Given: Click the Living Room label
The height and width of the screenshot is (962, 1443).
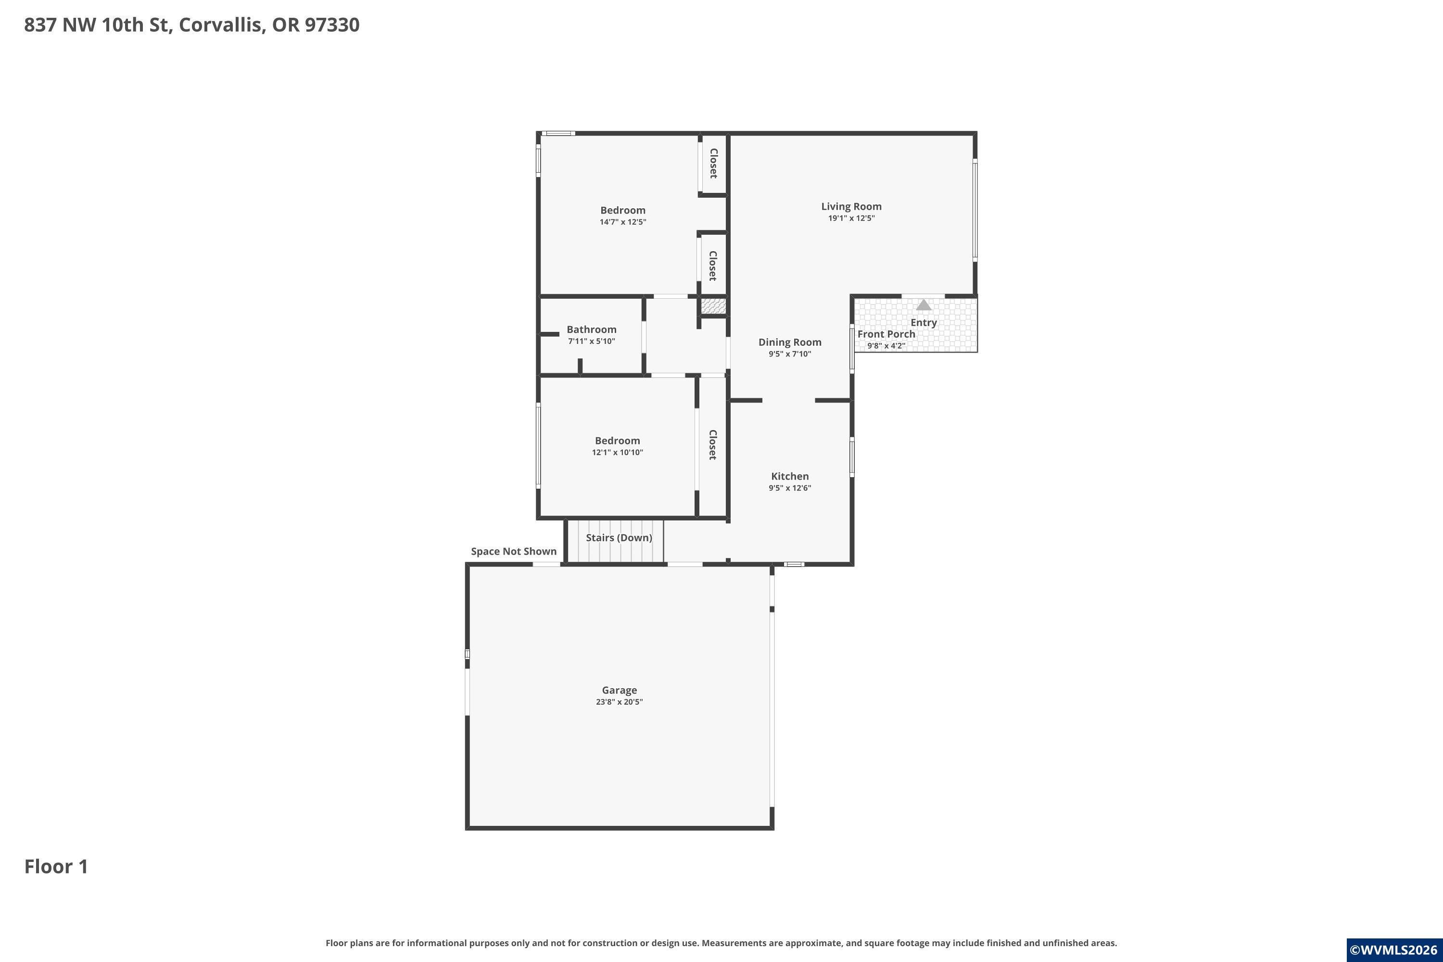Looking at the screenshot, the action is (x=851, y=207).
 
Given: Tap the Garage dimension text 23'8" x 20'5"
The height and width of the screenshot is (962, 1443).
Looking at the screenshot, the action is (x=619, y=702).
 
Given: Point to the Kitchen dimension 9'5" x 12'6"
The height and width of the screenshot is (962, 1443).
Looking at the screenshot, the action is (x=790, y=488).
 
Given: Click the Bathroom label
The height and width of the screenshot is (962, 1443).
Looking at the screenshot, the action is (x=592, y=329).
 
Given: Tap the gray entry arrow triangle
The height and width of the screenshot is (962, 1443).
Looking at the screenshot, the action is (x=924, y=305).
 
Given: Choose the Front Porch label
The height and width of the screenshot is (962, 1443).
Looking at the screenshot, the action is (x=886, y=334).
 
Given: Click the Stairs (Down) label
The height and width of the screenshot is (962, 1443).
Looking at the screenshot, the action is (x=619, y=537).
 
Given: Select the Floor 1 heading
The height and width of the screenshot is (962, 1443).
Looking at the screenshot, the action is (x=56, y=866).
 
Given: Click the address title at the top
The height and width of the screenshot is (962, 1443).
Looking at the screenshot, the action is (x=191, y=25).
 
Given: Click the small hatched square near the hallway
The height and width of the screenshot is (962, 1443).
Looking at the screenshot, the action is (x=713, y=306).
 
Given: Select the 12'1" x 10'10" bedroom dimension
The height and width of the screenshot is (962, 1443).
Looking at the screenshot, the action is (x=617, y=453).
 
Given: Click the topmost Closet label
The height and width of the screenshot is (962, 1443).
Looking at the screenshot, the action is (x=713, y=163).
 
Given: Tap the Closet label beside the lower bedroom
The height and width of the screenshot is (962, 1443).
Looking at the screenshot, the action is (x=713, y=445).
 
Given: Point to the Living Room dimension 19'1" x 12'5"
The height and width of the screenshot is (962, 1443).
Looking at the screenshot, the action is (x=851, y=218).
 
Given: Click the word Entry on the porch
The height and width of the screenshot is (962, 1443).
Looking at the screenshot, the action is (x=924, y=323).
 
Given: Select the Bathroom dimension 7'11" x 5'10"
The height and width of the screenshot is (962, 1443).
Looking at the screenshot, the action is (x=592, y=341).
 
